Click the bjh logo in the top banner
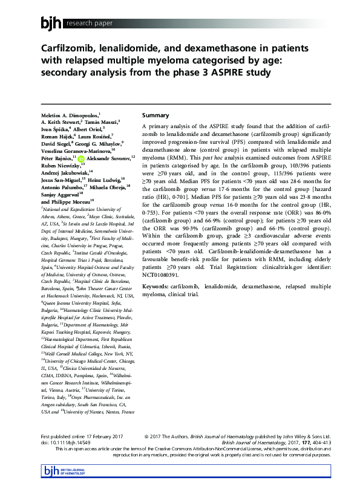(x=51, y=24)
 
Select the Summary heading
(x=155, y=115)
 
